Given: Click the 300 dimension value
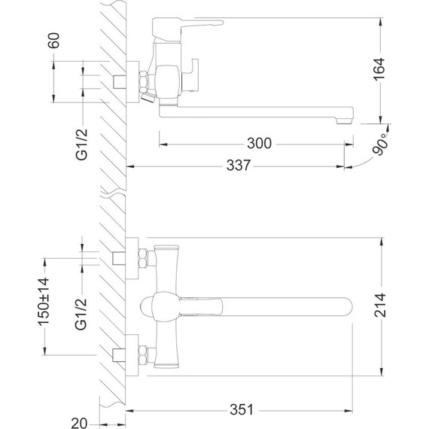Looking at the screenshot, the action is (259, 143).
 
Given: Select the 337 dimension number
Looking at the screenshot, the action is (239, 166).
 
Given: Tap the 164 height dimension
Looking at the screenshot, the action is (379, 69).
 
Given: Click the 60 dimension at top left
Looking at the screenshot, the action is (53, 41).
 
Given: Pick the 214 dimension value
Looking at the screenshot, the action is (380, 305).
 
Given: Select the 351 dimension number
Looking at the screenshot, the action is (242, 409).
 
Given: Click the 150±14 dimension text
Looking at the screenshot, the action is (44, 302).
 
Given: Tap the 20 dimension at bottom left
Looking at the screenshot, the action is (79, 423).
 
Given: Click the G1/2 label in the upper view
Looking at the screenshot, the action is (81, 145).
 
